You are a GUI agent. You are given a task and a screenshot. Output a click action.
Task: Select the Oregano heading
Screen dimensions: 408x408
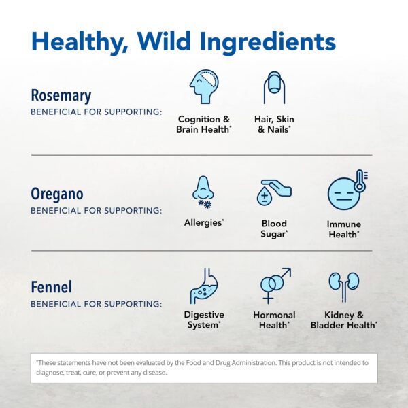pyautogui.click(x=57, y=194)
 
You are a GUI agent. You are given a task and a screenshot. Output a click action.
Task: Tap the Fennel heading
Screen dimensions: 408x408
pyautogui.click(x=51, y=286)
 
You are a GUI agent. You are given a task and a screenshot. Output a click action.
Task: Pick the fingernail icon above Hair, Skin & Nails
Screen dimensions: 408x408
pyautogui.click(x=274, y=87)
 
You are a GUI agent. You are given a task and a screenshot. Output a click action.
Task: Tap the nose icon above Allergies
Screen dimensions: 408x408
pyautogui.click(x=203, y=191)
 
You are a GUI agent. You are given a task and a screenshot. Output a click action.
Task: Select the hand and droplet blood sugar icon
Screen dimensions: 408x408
pyautogui.click(x=274, y=192)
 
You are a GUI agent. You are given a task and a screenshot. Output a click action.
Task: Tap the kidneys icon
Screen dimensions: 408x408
pyautogui.click(x=344, y=284)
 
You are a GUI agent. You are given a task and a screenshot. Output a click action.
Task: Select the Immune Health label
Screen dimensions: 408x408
pyautogui.click(x=344, y=229)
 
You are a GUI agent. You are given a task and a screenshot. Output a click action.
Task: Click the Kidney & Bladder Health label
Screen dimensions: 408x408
pyautogui.click(x=344, y=320)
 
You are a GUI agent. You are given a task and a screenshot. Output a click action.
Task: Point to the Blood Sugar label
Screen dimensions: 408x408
pyautogui.click(x=274, y=228)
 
